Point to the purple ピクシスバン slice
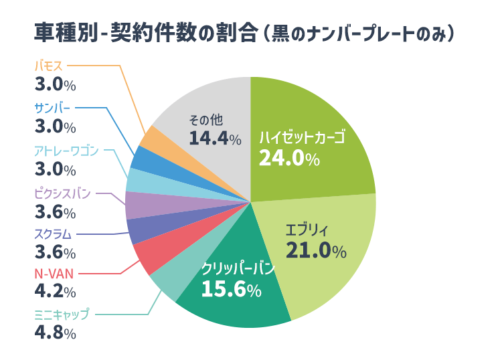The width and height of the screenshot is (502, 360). click(137, 205)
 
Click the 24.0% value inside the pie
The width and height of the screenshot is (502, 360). click(288, 159)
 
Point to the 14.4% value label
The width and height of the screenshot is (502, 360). click(214, 139)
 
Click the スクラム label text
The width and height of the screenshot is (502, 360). click(54, 234)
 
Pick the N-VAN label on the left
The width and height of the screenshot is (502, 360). click(54, 273)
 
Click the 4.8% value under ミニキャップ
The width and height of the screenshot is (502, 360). click(54, 333)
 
